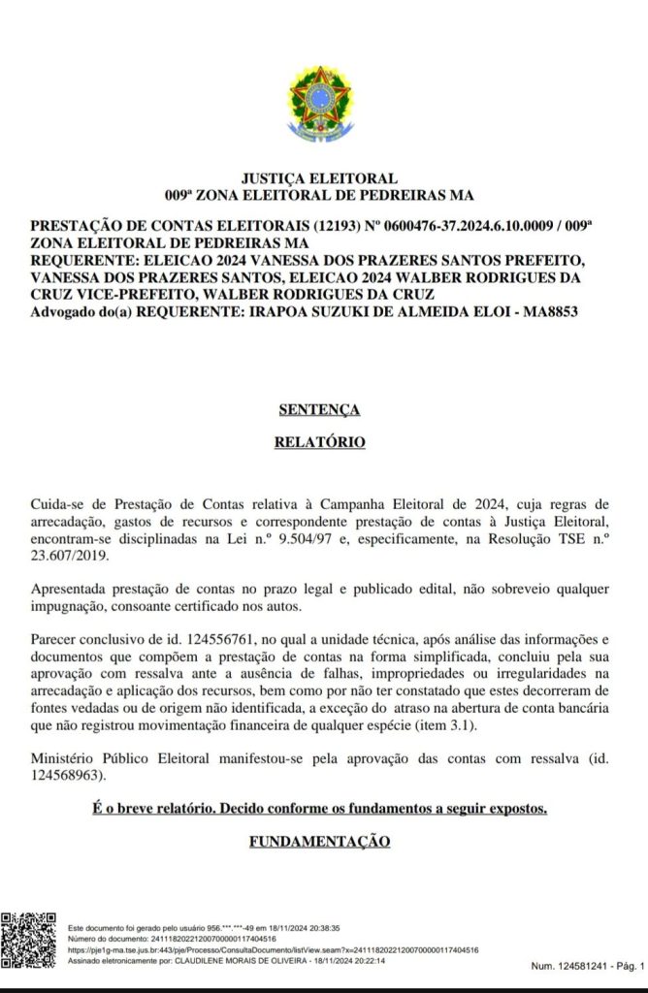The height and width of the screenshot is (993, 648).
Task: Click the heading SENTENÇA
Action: click(x=319, y=410)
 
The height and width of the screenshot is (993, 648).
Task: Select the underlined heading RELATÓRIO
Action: click(x=319, y=442)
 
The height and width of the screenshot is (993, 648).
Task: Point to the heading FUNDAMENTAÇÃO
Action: click(x=320, y=842)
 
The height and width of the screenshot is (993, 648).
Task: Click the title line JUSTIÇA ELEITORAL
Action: click(x=319, y=178)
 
